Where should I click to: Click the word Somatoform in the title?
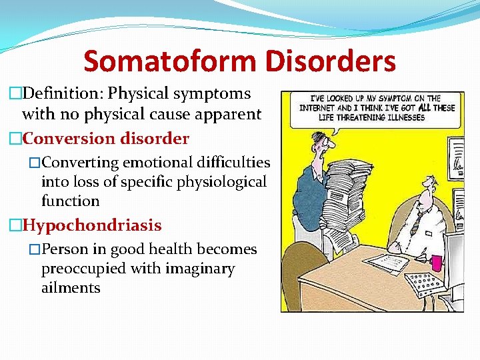170,61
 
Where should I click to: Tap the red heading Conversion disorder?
105,139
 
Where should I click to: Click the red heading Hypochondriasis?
91,225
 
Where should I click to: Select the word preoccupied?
81,269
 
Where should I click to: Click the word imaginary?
202,269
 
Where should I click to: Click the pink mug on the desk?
437,262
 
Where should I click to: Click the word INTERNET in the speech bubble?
317,108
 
